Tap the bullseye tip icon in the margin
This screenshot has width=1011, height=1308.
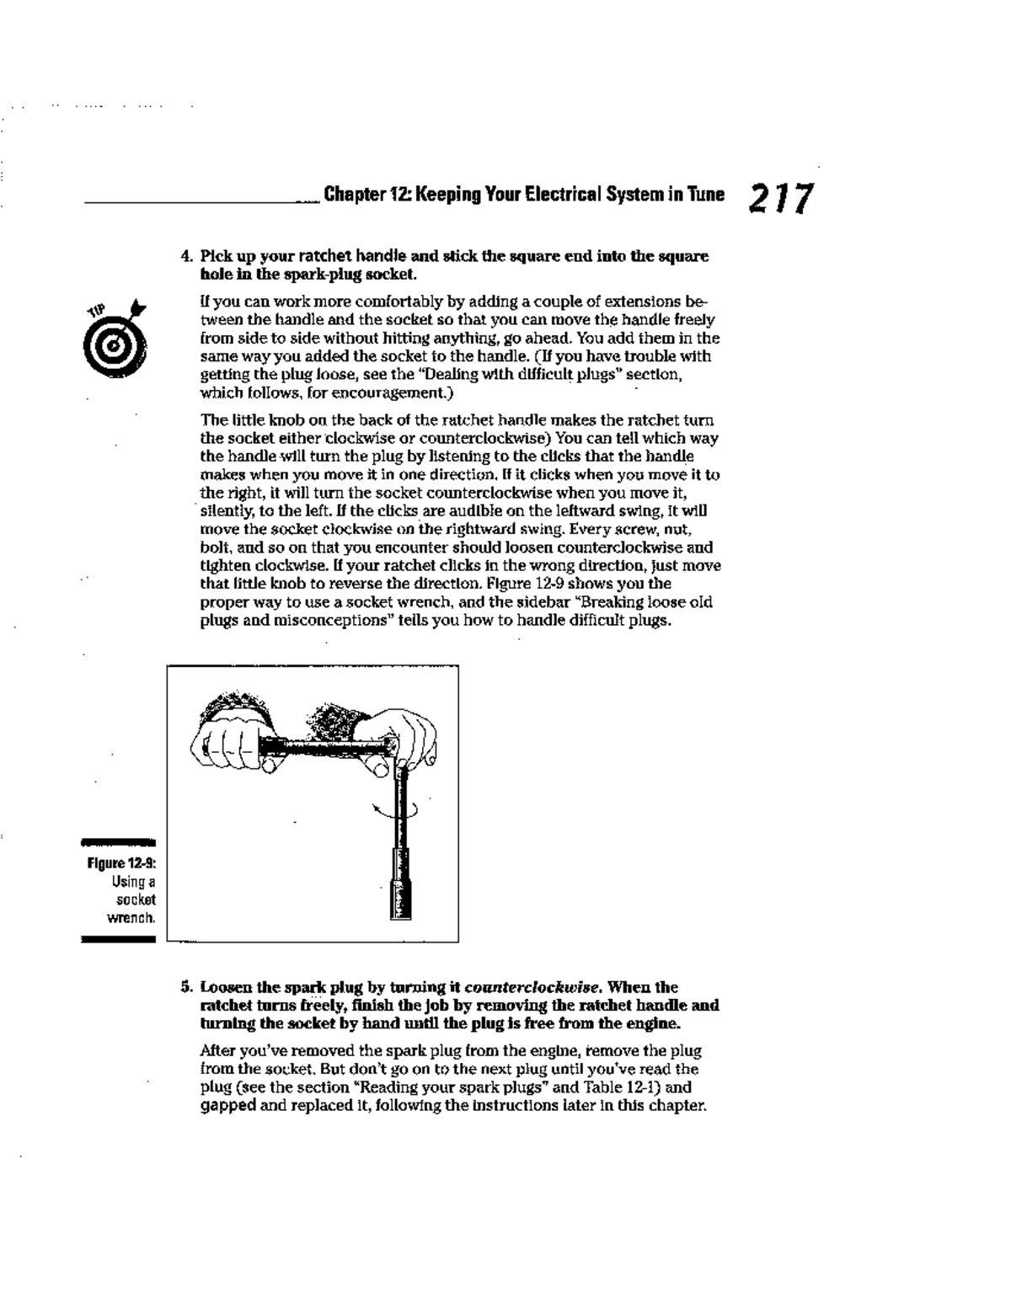pos(116,336)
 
